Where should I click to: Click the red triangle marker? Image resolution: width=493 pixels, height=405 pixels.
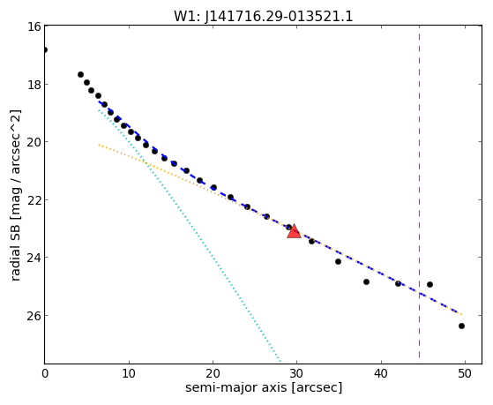click(x=294, y=231)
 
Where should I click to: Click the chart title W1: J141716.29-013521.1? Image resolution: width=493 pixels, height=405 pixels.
click(x=264, y=17)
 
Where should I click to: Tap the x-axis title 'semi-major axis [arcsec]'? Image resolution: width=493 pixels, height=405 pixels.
click(x=264, y=387)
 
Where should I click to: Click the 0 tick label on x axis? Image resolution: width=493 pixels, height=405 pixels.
click(x=45, y=373)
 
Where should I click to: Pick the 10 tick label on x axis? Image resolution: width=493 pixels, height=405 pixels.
click(x=129, y=373)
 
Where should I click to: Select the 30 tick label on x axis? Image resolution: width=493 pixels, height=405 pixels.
click(x=296, y=373)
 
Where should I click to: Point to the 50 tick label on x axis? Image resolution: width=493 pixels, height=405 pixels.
click(x=465, y=373)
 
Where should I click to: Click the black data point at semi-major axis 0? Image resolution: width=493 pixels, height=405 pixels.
click(x=45, y=49)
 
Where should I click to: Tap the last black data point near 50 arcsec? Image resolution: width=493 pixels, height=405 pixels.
click(x=461, y=326)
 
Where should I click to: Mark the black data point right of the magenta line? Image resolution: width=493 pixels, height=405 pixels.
click(x=430, y=284)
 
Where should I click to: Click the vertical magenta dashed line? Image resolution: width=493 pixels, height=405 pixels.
click(x=420, y=191)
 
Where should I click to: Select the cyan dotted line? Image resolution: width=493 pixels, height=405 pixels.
click(x=190, y=236)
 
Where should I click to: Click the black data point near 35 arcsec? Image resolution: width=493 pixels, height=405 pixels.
click(x=338, y=261)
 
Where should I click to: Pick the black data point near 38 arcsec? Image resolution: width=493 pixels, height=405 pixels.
click(x=366, y=281)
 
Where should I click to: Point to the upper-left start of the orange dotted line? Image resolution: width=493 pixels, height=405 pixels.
click(x=99, y=145)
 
